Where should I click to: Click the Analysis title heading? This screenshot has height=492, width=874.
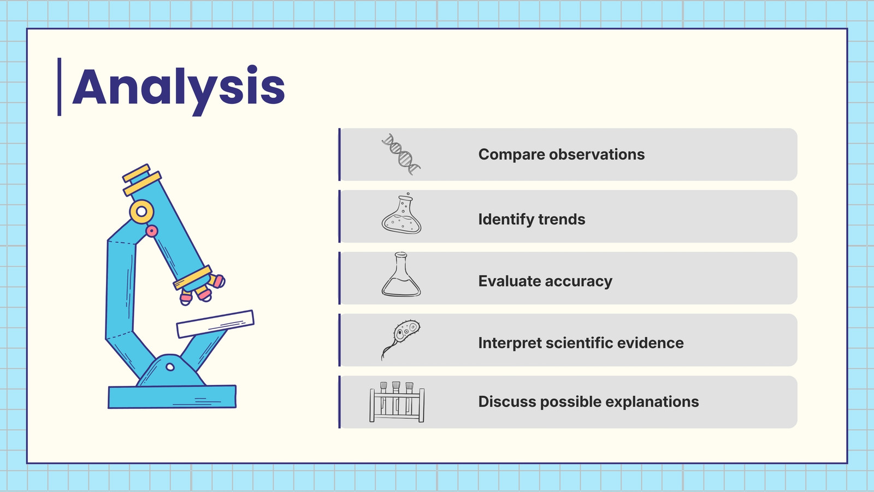point(179,90)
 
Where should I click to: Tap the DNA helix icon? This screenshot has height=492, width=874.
point(401,154)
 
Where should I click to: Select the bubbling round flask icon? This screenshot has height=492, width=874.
point(401,213)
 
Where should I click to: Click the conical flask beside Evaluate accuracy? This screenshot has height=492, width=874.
point(401,274)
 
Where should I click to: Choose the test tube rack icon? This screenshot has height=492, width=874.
point(397,402)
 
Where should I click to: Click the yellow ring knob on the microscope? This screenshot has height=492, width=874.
point(141,212)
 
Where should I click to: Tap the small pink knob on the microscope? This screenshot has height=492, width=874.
point(152,231)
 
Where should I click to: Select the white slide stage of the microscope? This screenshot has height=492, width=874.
point(215,324)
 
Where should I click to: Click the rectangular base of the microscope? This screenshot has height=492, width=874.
point(172,397)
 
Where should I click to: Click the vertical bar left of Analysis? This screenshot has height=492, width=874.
point(60,87)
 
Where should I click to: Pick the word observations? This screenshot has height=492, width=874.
point(597,154)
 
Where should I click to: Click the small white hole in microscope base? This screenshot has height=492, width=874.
point(170,367)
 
